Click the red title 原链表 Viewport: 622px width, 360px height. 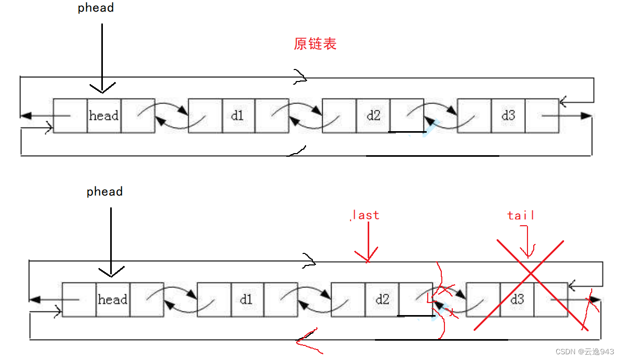[315, 44]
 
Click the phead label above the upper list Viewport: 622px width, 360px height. [96, 8]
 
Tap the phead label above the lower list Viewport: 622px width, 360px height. [104, 192]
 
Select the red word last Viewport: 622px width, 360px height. [366, 215]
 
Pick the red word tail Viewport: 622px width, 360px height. [521, 215]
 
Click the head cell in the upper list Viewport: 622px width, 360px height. [104, 115]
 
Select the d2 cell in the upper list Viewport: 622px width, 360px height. [373, 115]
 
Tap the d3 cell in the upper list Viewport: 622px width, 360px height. [508, 115]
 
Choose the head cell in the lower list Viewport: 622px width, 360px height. [113, 299]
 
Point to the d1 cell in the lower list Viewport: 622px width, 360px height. [247, 299]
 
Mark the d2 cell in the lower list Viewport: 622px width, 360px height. [382, 299]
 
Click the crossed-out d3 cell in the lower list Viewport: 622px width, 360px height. [517, 299]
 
